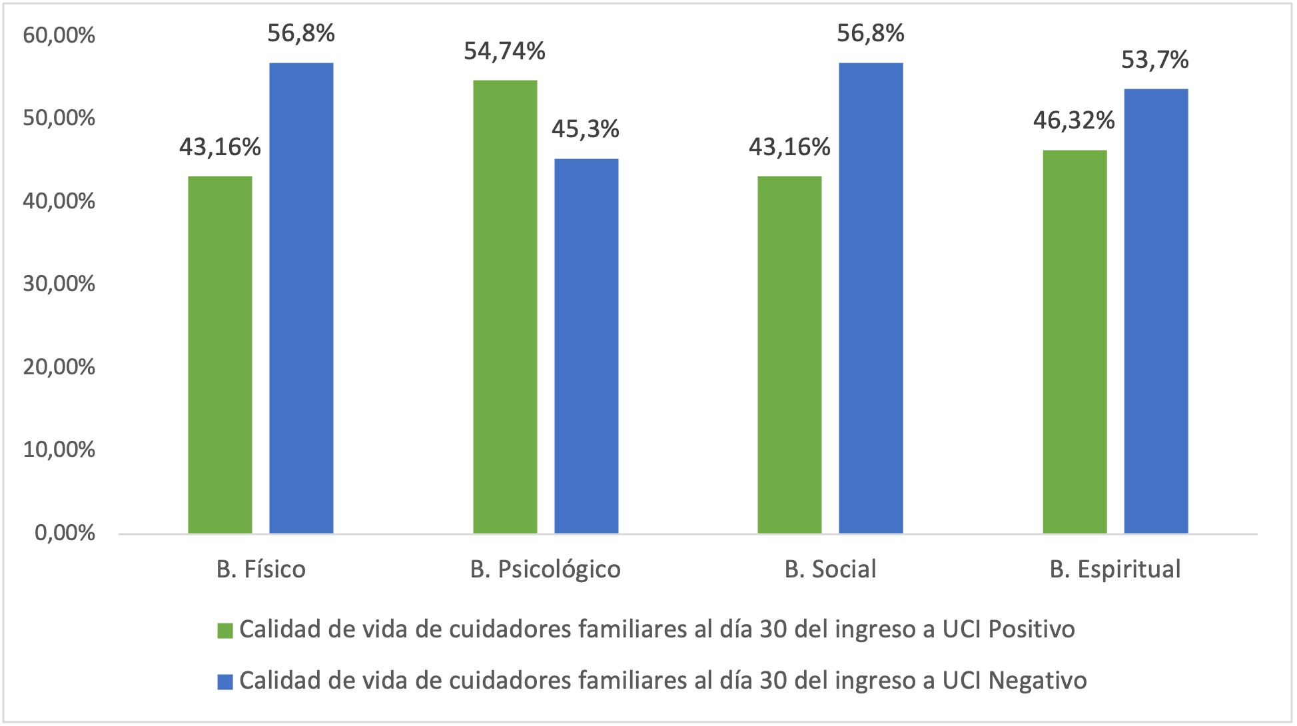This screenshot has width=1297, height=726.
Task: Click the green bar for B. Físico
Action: (x=220, y=354)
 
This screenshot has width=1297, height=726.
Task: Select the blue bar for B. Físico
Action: (x=301, y=298)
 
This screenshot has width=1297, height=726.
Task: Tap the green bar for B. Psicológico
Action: (x=505, y=306)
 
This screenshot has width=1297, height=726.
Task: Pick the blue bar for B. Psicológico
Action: (x=586, y=346)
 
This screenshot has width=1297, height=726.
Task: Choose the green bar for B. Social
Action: (x=789, y=354)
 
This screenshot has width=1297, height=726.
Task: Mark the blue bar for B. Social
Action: (x=871, y=298)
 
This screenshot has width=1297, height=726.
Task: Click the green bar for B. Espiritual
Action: (x=1075, y=342)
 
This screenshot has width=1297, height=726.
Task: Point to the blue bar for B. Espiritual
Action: (x=1156, y=311)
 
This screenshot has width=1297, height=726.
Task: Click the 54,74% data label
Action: (x=504, y=51)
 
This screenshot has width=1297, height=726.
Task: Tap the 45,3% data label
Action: (x=586, y=129)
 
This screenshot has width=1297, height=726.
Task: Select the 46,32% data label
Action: (x=1074, y=121)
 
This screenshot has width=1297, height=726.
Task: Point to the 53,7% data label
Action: (x=1155, y=61)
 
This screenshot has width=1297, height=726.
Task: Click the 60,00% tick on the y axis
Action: (x=59, y=35)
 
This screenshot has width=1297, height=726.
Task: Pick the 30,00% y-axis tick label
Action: (x=59, y=284)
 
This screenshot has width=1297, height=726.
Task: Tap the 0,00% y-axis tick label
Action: (x=65, y=533)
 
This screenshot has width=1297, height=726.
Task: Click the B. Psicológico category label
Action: (x=546, y=569)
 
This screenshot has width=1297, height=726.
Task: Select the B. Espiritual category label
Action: (x=1115, y=569)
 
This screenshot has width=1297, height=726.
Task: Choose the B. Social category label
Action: (x=830, y=569)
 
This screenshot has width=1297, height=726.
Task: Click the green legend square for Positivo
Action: (x=225, y=630)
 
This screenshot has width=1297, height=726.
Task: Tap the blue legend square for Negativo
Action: (x=225, y=681)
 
